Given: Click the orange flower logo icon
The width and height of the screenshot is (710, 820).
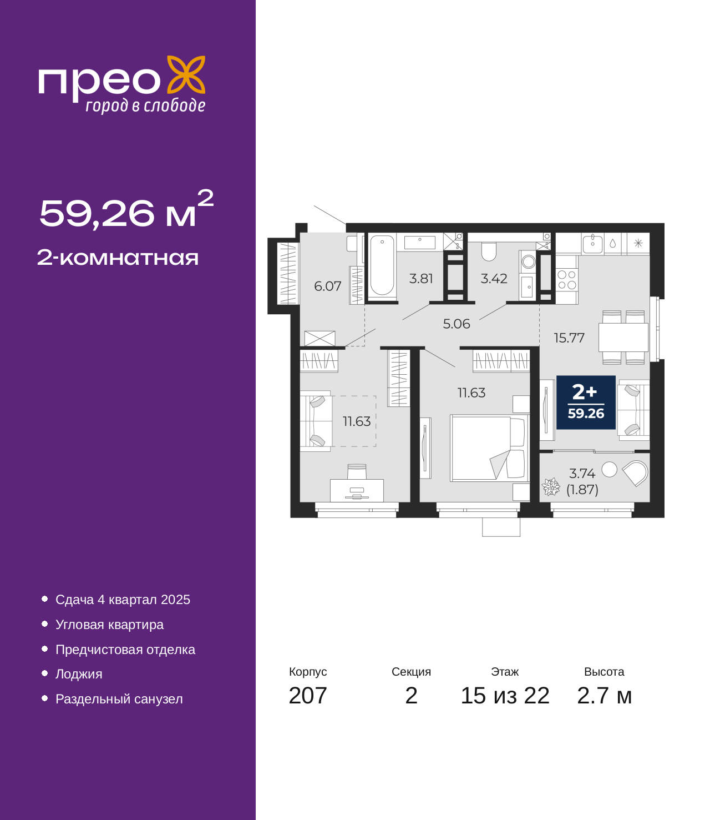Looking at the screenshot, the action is [186, 74].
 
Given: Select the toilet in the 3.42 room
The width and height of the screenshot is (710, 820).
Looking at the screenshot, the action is [489, 251].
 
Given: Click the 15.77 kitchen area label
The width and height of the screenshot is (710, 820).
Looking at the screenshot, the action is [569, 338].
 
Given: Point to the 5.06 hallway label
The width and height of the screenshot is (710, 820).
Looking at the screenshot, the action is [457, 324].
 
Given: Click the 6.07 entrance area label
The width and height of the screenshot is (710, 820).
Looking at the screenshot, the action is [327, 286].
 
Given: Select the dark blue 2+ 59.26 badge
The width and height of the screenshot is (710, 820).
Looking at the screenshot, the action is [586, 403].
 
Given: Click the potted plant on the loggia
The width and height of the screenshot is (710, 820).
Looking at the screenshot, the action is [551, 487].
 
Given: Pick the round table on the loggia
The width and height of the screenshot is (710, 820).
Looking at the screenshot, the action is [609, 470].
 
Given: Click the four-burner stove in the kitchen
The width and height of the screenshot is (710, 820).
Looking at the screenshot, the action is [567, 280].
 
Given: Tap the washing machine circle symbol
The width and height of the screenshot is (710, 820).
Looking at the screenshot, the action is [529, 262].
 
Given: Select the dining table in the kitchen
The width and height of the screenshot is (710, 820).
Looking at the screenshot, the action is [623, 337].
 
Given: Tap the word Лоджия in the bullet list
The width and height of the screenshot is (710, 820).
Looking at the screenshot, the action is [79, 674].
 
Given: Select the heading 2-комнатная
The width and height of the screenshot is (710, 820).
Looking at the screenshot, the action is [118, 258].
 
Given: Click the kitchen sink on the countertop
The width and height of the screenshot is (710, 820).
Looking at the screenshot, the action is [592, 243].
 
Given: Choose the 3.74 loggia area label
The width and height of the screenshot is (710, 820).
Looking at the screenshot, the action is [582, 473].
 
